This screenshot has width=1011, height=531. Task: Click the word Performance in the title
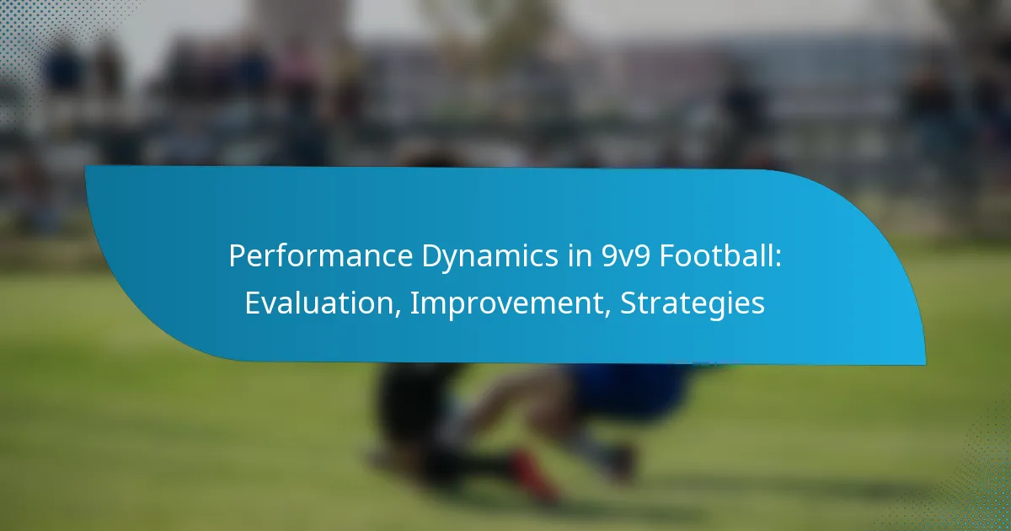(321, 255)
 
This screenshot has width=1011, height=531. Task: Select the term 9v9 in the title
(625, 256)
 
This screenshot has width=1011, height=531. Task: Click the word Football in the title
(717, 255)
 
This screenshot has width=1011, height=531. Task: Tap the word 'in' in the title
(580, 255)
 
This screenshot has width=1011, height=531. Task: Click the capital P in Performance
(237, 256)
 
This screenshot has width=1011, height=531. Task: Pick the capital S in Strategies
(629, 303)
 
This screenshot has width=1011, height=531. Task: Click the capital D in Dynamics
(432, 256)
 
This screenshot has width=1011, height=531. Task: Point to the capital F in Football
(667, 256)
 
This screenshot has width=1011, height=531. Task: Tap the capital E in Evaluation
(253, 303)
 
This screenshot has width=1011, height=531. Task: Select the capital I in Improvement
(413, 303)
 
